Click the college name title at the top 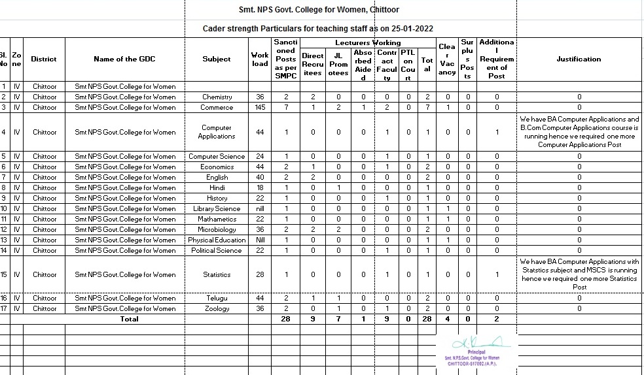click(x=319, y=10)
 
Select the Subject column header click(x=217, y=59)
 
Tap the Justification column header click(x=579, y=59)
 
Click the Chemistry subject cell click(x=217, y=97)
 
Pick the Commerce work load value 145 click(x=260, y=107)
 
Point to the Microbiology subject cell click(x=217, y=229)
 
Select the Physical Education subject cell click(x=217, y=240)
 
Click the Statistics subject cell click(x=217, y=274)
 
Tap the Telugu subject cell click(x=217, y=298)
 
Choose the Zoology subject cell click(x=217, y=308)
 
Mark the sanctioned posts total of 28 click(x=286, y=319)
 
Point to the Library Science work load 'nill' click(x=260, y=208)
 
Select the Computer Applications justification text click(x=579, y=132)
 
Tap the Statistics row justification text click(x=579, y=274)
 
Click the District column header click(x=45, y=59)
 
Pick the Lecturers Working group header click(x=368, y=42)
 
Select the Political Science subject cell click(x=217, y=250)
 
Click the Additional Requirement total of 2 click(x=497, y=319)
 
